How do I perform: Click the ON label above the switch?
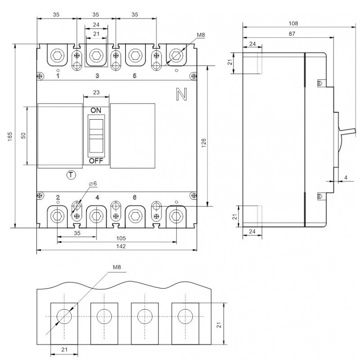tap(96, 110)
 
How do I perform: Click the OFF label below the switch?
tap(96, 161)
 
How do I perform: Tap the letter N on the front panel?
tap(181, 94)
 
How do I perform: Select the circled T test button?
tap(71, 175)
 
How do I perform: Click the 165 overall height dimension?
tap(10, 136)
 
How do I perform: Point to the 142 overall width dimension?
tap(121, 246)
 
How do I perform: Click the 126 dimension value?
tap(204, 143)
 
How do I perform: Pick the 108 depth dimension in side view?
tap(293, 23)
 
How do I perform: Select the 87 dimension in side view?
tap(292, 34)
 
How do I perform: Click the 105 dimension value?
tap(121, 238)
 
